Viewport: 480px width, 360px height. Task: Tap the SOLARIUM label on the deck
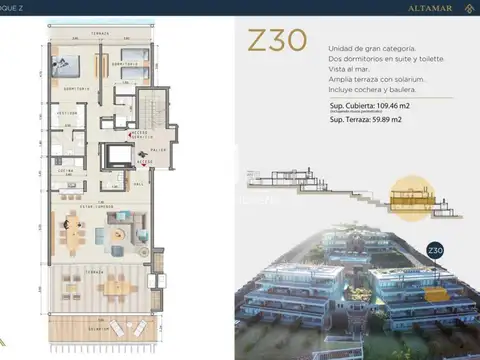point(100,328)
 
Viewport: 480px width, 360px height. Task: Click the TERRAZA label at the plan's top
point(99,34)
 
